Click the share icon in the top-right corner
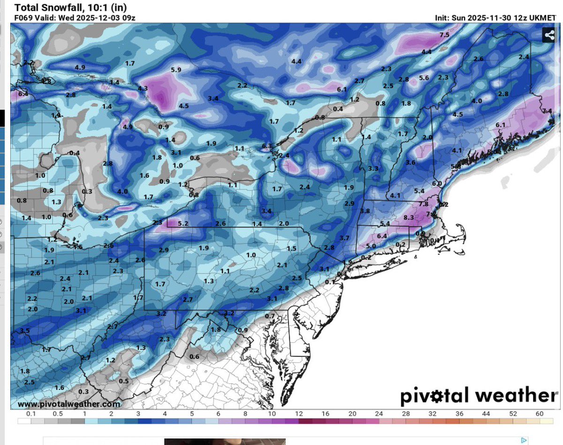548,35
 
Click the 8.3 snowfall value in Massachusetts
409,218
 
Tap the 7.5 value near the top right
444,35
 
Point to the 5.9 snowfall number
176,70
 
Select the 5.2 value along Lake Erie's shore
183,224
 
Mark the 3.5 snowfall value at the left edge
24,331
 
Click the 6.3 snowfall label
267,146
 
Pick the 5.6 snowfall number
424,78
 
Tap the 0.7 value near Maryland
270,316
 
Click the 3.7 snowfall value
344,238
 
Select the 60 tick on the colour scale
540,414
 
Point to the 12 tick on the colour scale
299,414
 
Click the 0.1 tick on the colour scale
31,414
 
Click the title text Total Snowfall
43,8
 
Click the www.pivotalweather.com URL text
68,404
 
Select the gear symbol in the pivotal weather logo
442,397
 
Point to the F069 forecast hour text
23,18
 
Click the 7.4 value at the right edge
547,111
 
